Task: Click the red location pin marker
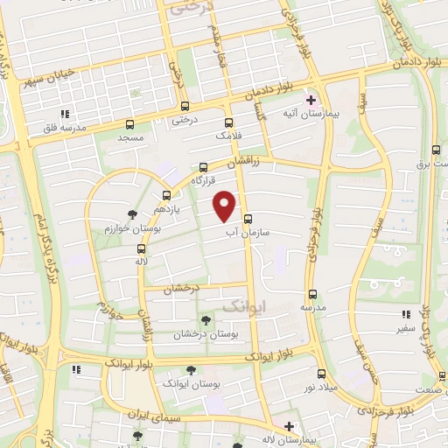(x=225, y=205)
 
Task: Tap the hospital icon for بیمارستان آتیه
(x=311, y=100)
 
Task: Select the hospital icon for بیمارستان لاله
(x=290, y=426)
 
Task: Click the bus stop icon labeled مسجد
(x=130, y=124)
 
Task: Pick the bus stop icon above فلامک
(x=229, y=122)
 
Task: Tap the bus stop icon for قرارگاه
(x=204, y=166)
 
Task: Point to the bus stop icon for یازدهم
(x=166, y=196)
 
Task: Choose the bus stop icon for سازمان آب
(x=248, y=219)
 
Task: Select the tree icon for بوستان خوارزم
(x=132, y=213)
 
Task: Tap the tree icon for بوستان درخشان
(x=206, y=320)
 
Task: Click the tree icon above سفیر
(x=402, y=313)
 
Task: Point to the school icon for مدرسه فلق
(x=63, y=114)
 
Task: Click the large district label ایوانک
(x=242, y=306)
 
